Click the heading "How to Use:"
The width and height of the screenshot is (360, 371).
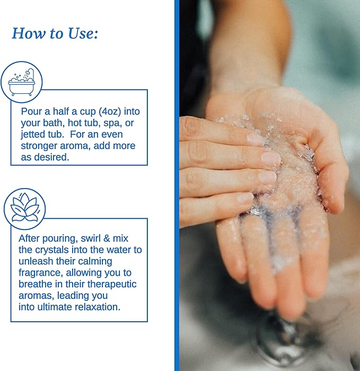[55, 33]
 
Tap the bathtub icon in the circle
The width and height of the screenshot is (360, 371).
[22, 82]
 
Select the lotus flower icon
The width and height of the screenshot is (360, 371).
[24, 208]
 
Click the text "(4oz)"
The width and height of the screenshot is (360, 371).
[110, 111]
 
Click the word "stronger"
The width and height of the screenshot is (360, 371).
[39, 146]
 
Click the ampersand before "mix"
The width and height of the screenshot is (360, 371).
[107, 238]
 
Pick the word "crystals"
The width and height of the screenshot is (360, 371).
[52, 250]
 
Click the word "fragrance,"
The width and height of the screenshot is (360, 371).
[41, 273]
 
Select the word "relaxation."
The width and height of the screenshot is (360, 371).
[98, 307]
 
